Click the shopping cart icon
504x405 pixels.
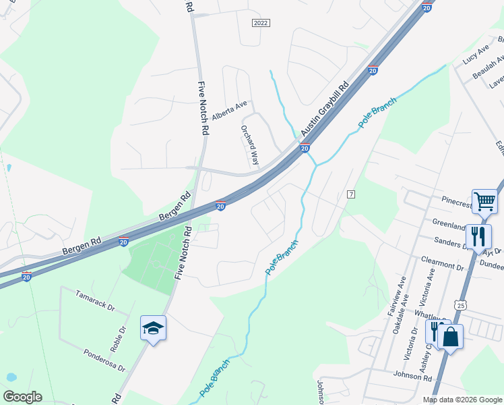pyautogui.click(x=484, y=200)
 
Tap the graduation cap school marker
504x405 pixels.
pyautogui.click(x=153, y=329)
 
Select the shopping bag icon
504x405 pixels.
pyautogui.click(x=450, y=337)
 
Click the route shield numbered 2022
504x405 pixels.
pyautogui.click(x=261, y=23)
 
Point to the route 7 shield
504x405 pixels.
pyautogui.click(x=350, y=194)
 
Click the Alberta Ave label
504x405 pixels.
pyautogui.click(x=230, y=110)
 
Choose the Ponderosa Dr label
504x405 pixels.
pyautogui.click(x=104, y=360)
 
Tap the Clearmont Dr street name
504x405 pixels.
pyautogui.click(x=443, y=267)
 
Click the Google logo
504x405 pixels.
pyautogui.click(x=22, y=397)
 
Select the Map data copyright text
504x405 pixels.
pyautogui.click(x=462, y=400)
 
